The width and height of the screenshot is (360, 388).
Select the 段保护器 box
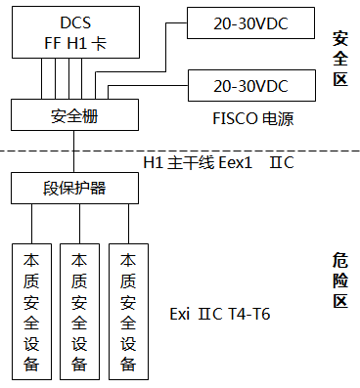point(73,186)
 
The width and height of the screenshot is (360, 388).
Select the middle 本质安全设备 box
point(79,313)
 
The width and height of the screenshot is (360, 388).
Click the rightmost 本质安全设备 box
point(127,313)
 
